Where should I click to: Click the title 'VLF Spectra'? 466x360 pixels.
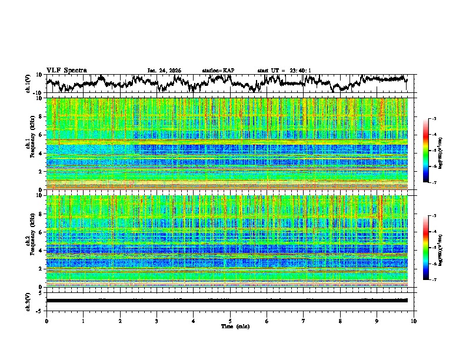point(66,70)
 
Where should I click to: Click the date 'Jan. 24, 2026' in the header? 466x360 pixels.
point(164,71)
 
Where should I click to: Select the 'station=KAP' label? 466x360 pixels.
point(218,71)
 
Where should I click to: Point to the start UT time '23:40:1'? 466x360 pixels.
point(297,71)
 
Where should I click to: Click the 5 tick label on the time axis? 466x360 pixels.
point(230,321)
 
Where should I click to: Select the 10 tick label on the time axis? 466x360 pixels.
point(414,321)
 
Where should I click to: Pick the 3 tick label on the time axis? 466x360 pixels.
point(157,321)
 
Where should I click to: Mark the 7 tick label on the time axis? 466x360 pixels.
point(304,321)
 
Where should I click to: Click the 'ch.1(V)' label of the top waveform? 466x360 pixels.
point(28,84)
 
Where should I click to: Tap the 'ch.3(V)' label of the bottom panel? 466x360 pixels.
point(28,301)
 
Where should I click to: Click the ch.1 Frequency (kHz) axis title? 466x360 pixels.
point(31,144)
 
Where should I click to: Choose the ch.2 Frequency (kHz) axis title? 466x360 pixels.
point(31,241)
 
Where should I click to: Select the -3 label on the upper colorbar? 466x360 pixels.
point(433,119)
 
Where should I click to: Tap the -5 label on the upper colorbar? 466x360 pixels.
point(433,151)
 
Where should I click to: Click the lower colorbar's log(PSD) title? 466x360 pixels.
point(440,248)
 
